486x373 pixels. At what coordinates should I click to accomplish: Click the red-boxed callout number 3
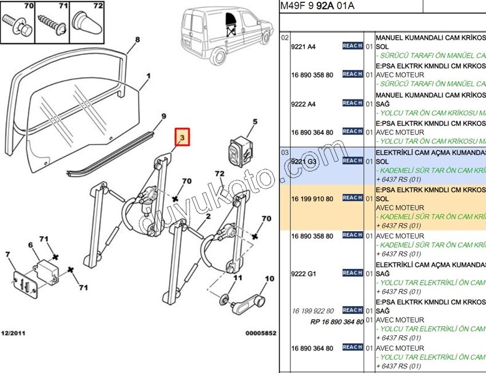(x=182, y=137)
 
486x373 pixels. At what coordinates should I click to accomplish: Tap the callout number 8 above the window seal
(x=137, y=40)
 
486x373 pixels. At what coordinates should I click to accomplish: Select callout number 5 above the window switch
(x=255, y=122)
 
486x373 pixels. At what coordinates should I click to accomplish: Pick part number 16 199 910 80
(x=312, y=199)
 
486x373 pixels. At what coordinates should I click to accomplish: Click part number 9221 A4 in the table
(x=304, y=47)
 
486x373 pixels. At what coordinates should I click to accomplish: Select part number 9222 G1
(x=304, y=273)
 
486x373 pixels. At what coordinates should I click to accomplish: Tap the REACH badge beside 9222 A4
(x=352, y=103)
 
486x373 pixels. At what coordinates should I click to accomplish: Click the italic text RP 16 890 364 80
(x=337, y=322)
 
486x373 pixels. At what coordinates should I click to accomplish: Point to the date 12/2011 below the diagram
(x=13, y=333)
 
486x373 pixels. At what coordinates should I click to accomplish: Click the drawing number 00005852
(x=261, y=333)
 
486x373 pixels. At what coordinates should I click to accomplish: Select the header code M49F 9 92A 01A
(x=317, y=6)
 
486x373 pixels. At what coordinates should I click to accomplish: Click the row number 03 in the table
(x=285, y=153)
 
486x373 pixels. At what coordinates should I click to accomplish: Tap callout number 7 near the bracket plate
(x=7, y=254)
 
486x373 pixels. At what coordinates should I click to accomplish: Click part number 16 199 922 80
(x=312, y=311)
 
